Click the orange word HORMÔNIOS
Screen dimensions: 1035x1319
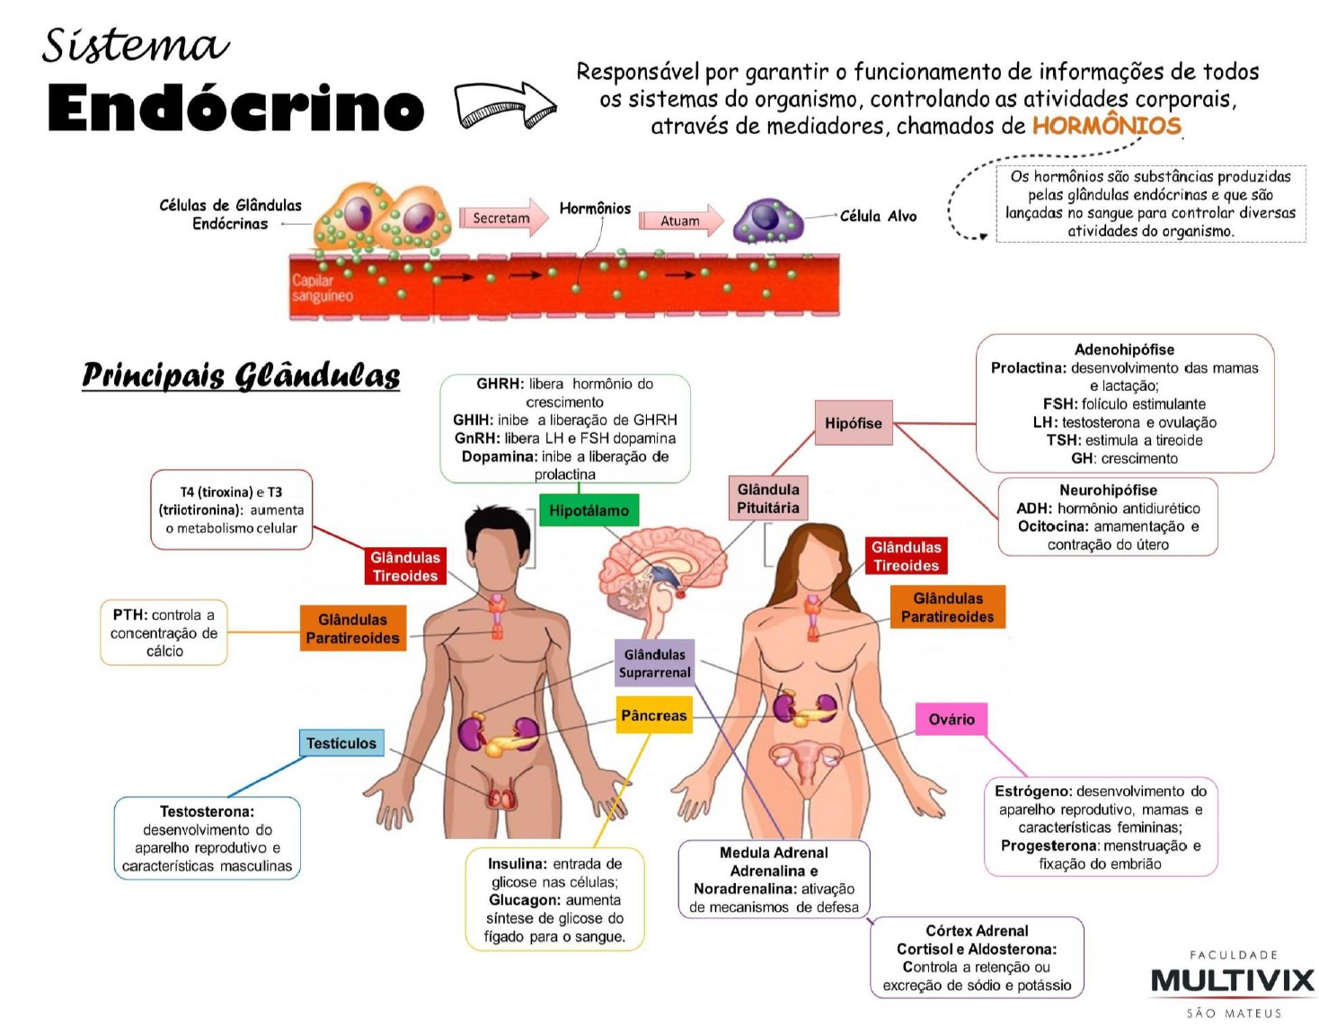(1106, 125)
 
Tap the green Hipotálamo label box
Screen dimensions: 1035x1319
(589, 510)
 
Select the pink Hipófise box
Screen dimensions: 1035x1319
(853, 422)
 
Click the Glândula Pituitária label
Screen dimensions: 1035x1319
(768, 499)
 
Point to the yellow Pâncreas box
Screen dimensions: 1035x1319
(653, 715)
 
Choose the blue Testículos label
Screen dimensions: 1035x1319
(341, 743)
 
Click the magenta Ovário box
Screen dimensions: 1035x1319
(951, 719)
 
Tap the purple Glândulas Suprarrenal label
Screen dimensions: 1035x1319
(655, 663)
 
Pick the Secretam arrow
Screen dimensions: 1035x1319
(503, 217)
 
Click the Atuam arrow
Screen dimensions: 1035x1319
(681, 220)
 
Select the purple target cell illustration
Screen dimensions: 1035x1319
(768, 220)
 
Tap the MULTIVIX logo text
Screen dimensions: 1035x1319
(1232, 980)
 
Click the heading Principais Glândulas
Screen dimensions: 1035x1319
(241, 375)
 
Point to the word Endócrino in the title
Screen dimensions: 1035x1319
(235, 109)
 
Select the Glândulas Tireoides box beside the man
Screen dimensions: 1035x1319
(404, 566)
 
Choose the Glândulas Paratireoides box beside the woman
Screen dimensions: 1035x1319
(947, 607)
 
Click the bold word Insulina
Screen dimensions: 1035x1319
(516, 863)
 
